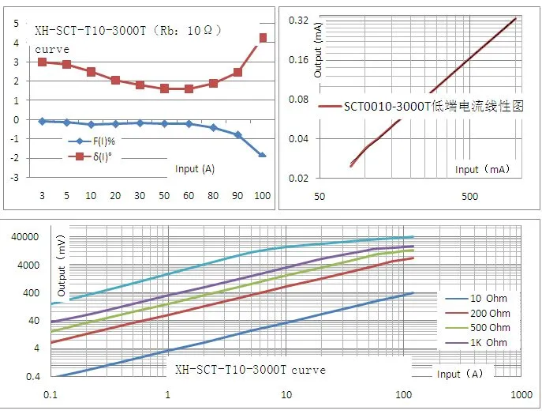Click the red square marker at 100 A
click(x=264, y=38)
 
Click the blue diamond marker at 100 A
click(x=263, y=156)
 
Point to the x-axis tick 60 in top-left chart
click(x=189, y=194)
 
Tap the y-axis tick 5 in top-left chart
click(x=16, y=23)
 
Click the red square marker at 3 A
click(x=42, y=62)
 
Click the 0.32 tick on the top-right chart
click(x=298, y=20)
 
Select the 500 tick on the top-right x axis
click(x=469, y=195)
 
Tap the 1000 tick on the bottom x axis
click(x=519, y=394)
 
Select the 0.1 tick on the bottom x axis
click(x=50, y=394)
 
